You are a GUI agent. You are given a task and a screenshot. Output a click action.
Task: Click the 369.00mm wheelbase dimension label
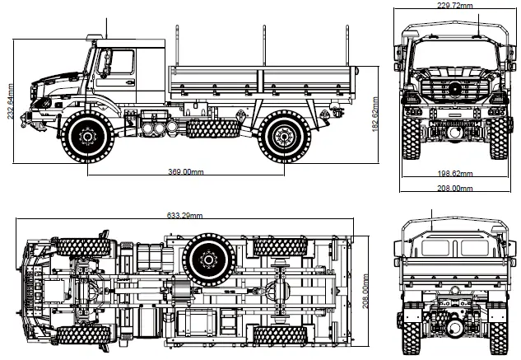tap(185, 173)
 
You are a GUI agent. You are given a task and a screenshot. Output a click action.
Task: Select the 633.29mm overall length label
tap(184, 216)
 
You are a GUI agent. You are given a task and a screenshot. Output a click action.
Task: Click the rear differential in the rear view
tap(451, 325)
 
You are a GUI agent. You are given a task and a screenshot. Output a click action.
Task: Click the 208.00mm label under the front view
tap(454, 189)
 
